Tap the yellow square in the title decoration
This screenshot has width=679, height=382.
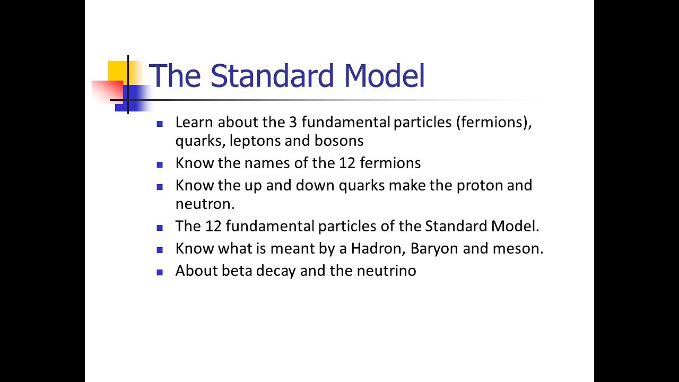pos(118,71)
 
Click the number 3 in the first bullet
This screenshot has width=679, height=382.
pos(293,122)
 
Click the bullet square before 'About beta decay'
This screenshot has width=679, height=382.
pos(160,272)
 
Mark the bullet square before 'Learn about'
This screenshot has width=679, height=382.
pos(160,124)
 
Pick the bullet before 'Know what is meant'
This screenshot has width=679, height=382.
pos(160,250)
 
